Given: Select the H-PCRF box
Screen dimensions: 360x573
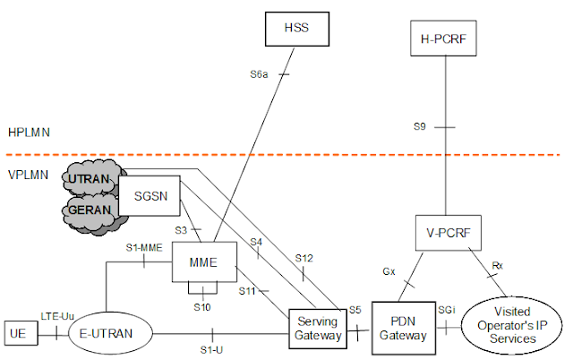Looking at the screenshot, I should click(445, 39).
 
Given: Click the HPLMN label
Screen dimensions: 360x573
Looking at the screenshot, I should click(28, 132).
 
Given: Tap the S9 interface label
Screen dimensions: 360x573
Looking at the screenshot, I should click(419, 127).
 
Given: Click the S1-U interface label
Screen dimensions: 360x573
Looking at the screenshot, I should click(211, 349).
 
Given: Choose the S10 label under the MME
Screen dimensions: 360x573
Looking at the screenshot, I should click(204, 306).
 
